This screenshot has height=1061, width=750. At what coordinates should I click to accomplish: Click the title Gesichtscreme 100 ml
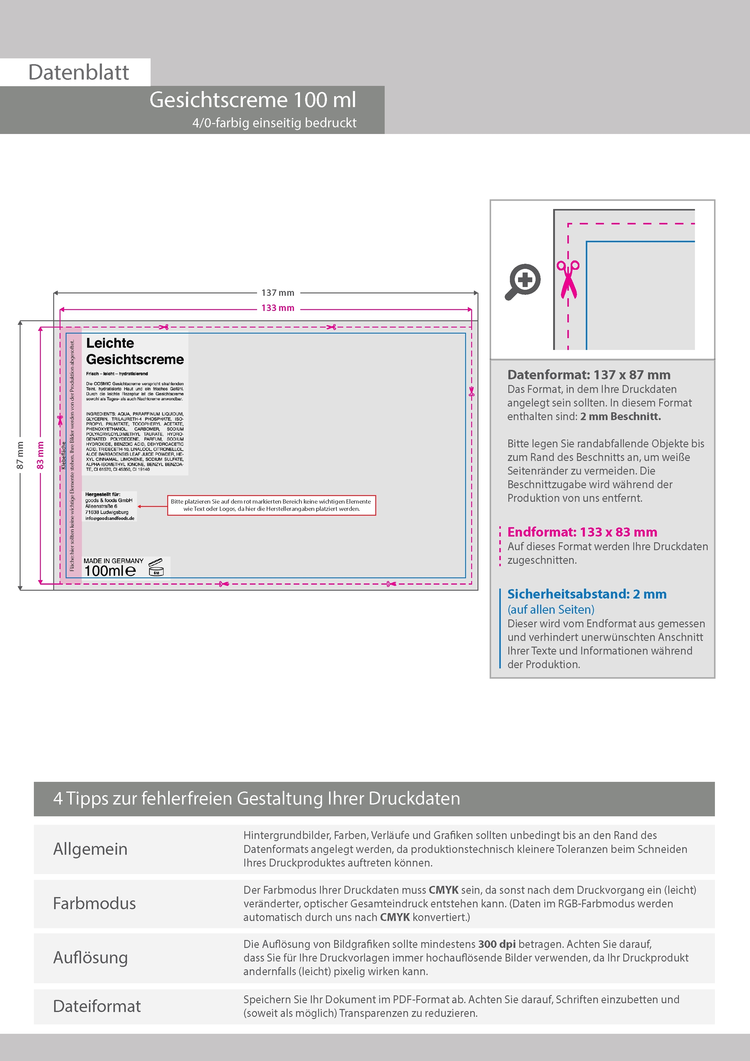(x=253, y=100)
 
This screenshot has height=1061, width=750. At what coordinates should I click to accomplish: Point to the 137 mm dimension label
(x=277, y=292)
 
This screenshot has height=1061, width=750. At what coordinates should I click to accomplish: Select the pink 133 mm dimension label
(x=277, y=308)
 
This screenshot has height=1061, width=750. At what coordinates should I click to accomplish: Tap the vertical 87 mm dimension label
(x=20, y=455)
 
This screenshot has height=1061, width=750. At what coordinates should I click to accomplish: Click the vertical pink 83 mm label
(x=40, y=455)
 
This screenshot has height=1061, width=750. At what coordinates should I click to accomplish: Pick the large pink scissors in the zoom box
(x=568, y=279)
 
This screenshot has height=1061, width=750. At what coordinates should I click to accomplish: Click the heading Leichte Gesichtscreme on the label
(x=135, y=351)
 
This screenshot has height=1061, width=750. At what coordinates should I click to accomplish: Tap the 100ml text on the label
(x=110, y=571)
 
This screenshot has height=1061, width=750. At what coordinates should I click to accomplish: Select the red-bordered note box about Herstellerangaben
(x=271, y=505)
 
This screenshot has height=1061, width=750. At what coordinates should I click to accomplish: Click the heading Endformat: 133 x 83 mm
(x=582, y=532)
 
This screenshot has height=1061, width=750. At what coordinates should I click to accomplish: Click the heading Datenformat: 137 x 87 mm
(x=588, y=375)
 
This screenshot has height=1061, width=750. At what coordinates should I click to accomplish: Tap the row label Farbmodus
(x=94, y=903)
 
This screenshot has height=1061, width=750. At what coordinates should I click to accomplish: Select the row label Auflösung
(x=90, y=958)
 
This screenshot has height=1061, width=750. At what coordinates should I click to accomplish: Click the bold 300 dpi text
(x=497, y=944)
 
